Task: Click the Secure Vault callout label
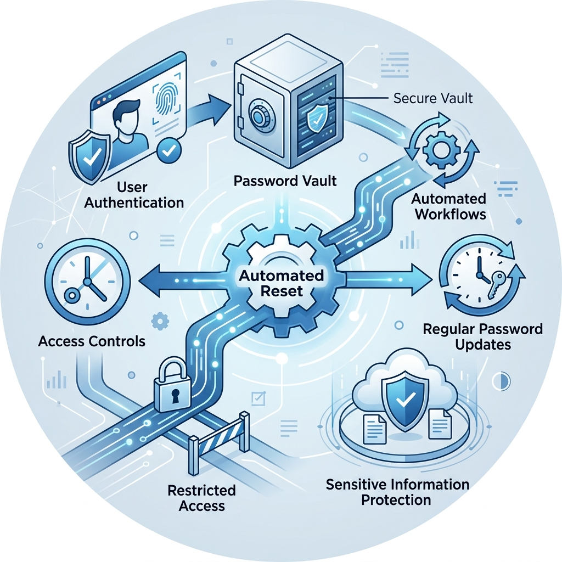point(433,99)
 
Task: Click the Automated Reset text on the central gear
point(280,283)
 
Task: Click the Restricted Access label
point(202,497)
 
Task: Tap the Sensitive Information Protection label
point(397,492)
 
